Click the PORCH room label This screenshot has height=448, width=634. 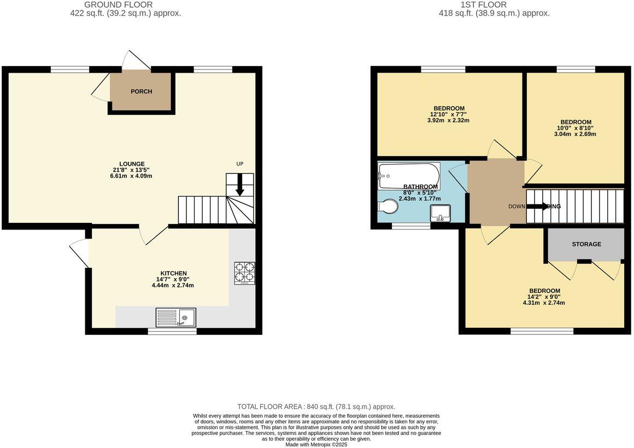point(141,91)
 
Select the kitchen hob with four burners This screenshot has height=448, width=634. point(244,273)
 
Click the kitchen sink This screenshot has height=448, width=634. point(176,317)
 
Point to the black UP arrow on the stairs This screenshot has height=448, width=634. point(240,188)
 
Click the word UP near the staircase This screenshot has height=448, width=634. point(239,164)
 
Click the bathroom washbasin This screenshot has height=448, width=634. point(441,213)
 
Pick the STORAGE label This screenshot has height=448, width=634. point(586,244)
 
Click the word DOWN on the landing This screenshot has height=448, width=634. point(516,207)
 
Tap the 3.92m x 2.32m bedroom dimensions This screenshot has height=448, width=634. point(449,120)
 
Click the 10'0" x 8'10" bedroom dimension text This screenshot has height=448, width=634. point(576,128)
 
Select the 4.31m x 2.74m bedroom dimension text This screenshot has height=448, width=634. point(544,303)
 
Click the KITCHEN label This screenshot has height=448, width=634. point(173,273)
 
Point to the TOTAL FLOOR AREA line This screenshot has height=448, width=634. point(316,406)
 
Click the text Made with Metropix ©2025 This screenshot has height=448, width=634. point(316,445)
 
